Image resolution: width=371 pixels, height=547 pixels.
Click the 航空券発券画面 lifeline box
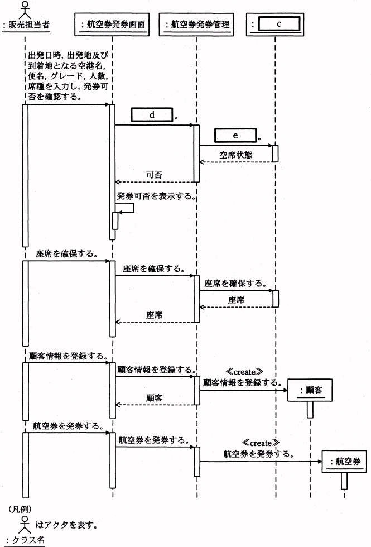[x=112, y=25]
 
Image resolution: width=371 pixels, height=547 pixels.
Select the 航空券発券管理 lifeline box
[x=196, y=25]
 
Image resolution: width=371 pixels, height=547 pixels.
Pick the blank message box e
[x=235, y=135]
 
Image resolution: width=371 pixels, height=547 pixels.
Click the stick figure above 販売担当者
[x=23, y=8]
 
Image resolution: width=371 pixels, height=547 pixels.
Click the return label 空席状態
[x=236, y=155]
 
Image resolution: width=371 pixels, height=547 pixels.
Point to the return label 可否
[x=154, y=175]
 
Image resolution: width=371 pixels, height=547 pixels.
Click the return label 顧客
[x=154, y=398]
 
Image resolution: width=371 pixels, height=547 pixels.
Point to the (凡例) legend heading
[x=20, y=509]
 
